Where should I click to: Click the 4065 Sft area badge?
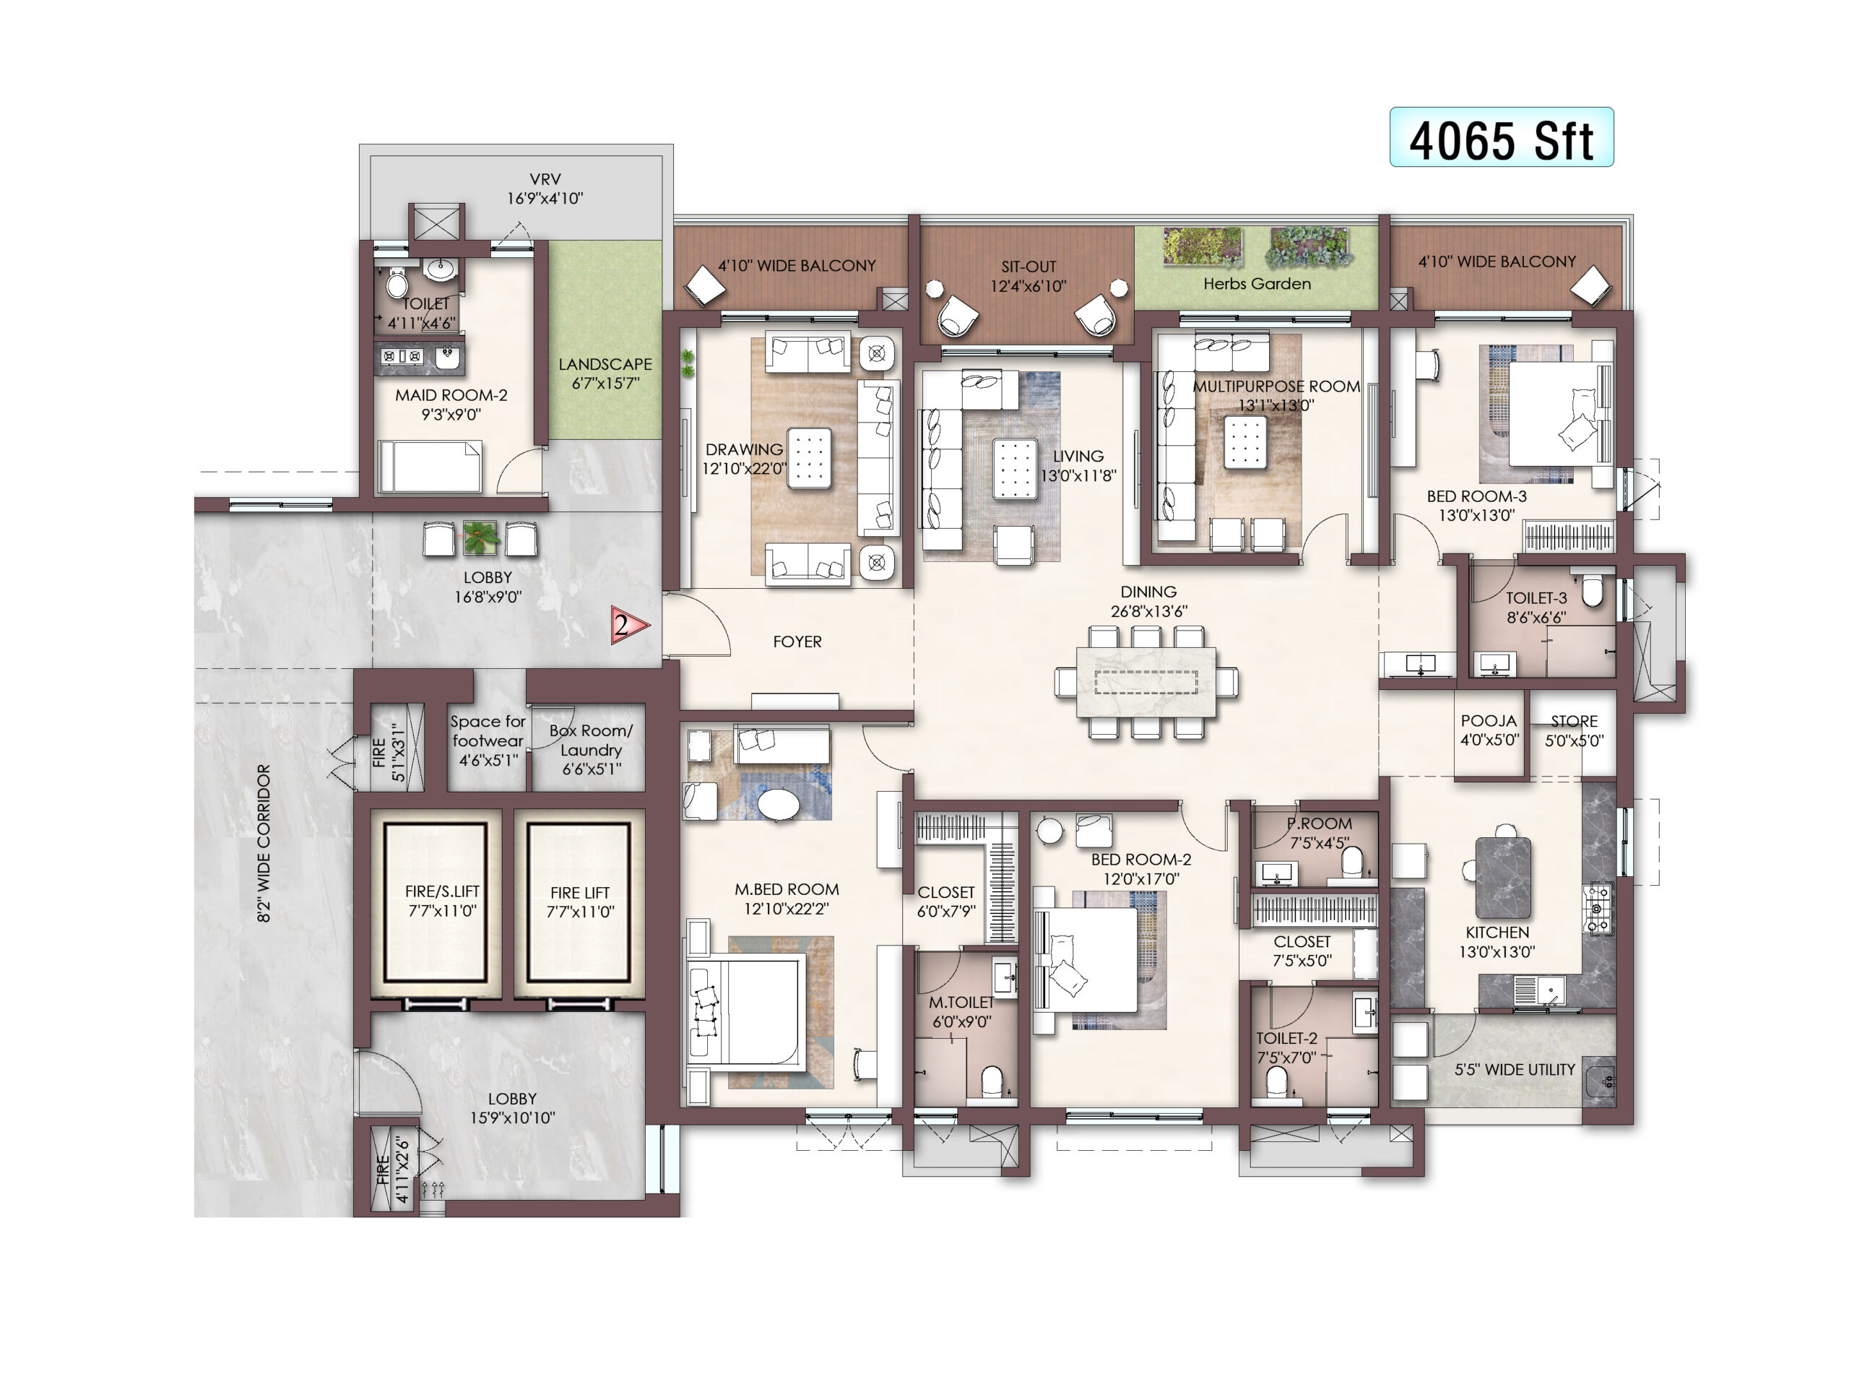[x=1502, y=137]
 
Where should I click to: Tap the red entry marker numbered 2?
[x=629, y=626]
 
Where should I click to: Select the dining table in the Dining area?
[x=1146, y=681]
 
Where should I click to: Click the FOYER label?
[x=797, y=641]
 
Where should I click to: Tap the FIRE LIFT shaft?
[x=579, y=902]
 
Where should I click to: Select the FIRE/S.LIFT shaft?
[x=436, y=902]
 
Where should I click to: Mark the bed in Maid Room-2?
[x=430, y=467]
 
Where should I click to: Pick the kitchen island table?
[x=1503, y=877]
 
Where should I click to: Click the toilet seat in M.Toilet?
[x=992, y=1081]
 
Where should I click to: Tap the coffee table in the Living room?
[x=1015, y=469]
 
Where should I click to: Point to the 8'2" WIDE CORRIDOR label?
[x=264, y=843]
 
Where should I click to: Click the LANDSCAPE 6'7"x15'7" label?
[x=605, y=373]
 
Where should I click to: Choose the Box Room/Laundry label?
[x=591, y=749]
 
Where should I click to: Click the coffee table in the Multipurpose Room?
[x=1245, y=442]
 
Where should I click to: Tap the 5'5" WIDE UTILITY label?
[x=1515, y=1069]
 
